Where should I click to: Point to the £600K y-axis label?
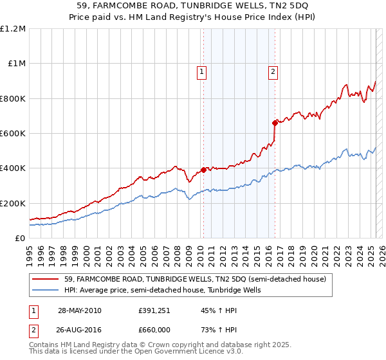[x=13, y=134]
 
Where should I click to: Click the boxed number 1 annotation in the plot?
[x=202, y=72]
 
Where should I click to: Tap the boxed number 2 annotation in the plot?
[x=273, y=72]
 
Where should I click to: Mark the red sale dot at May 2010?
[x=203, y=170]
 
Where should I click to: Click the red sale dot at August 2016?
[x=275, y=123]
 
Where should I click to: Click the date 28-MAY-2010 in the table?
[x=79, y=310]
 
